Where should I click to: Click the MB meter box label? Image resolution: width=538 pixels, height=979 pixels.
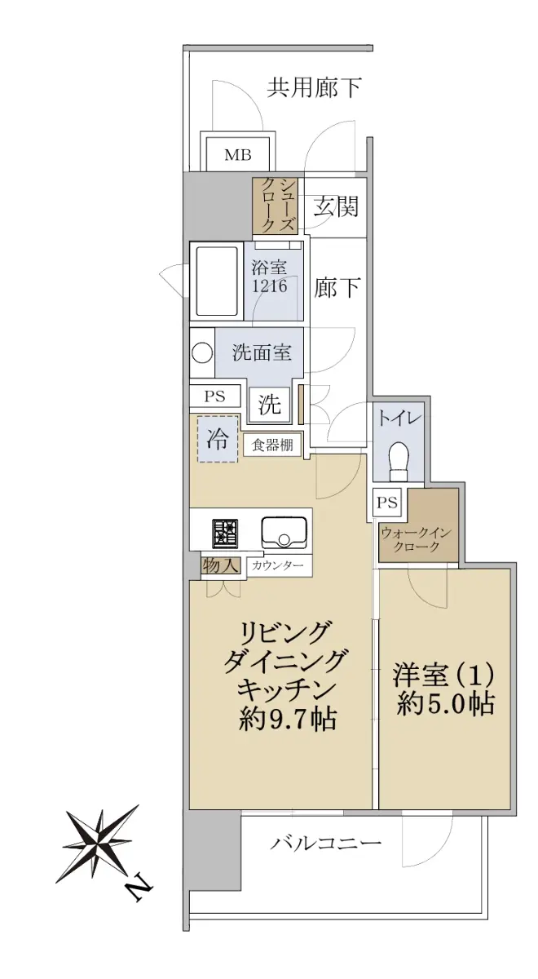238,155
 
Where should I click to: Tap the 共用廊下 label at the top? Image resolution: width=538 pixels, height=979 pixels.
314,87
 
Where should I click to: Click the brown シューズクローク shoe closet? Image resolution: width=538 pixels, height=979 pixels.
276,206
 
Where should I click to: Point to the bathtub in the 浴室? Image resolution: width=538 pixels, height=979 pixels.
217,281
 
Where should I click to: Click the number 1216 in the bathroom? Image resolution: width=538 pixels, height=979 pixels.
269,286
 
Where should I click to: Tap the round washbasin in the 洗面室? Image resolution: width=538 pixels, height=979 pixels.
202,352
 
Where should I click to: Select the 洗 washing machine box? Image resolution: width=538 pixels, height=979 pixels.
270,405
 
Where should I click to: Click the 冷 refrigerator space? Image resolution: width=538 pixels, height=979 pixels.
218,439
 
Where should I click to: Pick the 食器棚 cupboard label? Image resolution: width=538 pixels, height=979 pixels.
272,445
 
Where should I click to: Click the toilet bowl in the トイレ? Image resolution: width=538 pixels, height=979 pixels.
399,458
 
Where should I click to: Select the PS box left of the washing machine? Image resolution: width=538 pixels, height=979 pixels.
215,396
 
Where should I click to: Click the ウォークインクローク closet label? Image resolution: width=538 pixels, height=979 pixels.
416,540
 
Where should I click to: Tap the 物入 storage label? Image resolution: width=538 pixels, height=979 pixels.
222,566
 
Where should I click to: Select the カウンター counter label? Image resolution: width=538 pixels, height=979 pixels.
278,565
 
